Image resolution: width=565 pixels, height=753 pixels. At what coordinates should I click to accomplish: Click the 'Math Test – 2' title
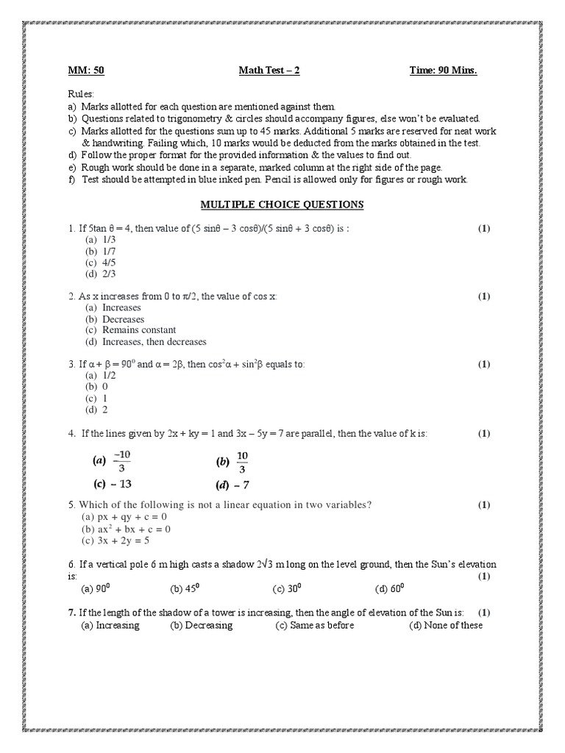pyautogui.click(x=269, y=71)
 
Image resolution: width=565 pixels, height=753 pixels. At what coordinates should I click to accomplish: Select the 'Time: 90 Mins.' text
pyautogui.click(x=443, y=71)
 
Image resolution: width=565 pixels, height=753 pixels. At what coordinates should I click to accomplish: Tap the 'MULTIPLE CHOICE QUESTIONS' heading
pyautogui.click(x=282, y=204)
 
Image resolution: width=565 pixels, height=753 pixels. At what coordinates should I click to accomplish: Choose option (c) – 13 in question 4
pyautogui.click(x=112, y=485)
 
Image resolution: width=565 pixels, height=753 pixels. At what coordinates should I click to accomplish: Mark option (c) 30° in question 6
pyautogui.click(x=288, y=588)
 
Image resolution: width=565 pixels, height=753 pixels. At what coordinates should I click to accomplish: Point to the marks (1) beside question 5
pyautogui.click(x=483, y=504)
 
